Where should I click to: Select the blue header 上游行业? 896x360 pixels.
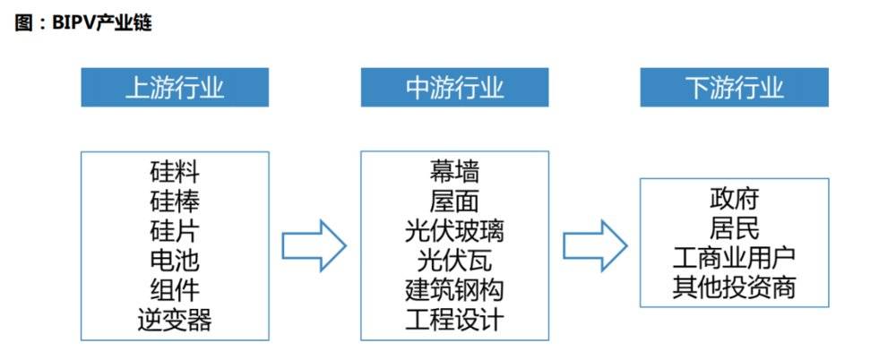tap(175, 88)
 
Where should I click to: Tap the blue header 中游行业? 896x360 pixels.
tap(455, 88)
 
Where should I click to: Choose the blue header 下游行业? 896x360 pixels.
tap(734, 88)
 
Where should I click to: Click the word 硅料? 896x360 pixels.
tap(175, 170)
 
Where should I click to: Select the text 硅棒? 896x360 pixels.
tap(175, 200)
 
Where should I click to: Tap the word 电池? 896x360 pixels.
tap(175, 261)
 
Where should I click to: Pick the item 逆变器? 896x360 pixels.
tap(175, 321)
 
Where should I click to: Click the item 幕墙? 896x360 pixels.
tap(454, 170)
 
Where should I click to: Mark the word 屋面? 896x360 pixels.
tap(454, 200)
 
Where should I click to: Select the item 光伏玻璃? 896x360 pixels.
tap(454, 230)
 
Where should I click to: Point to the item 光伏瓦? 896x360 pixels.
tap(454, 261)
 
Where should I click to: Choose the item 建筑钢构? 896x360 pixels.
tap(454, 290)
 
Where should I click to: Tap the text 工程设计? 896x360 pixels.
tap(454, 321)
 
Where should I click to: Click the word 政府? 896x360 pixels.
tap(734, 197)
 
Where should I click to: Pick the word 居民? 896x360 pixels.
tap(734, 227)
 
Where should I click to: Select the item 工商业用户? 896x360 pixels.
tap(734, 258)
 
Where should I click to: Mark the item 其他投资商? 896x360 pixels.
tap(734, 288)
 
